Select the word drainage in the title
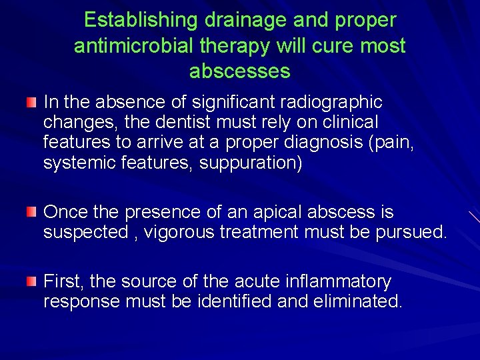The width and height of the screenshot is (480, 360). (233, 21)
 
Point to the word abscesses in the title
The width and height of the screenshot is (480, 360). (240, 71)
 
